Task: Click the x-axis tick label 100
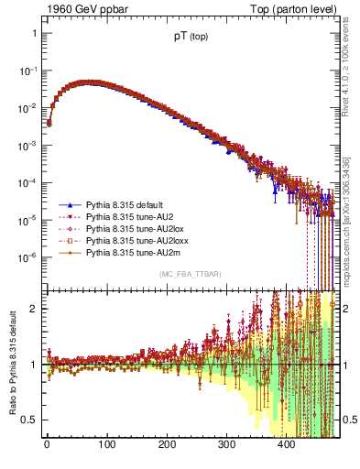click(107, 446)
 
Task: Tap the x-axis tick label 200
click(168, 446)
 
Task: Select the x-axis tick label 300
click(227, 446)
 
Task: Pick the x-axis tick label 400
click(288, 446)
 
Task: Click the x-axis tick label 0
click(47, 446)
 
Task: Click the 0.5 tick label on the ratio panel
click(29, 420)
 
